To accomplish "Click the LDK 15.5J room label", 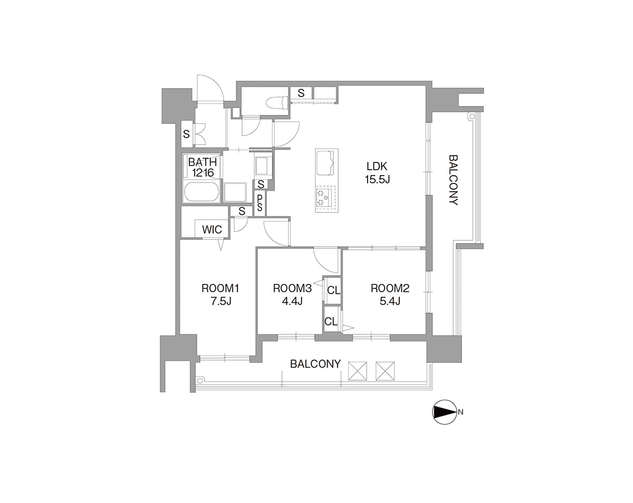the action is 377,172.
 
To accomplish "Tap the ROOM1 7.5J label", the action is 220,295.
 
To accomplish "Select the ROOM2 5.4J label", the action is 390,295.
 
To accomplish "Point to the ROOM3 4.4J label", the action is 292,295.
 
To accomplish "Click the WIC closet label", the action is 212,229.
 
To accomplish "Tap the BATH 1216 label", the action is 203,167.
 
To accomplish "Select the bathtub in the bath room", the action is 202,192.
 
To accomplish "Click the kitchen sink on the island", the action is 325,163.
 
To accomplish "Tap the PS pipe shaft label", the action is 260,202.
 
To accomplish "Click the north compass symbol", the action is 445,412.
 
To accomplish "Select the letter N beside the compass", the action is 461,412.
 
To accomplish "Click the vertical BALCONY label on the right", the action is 453,180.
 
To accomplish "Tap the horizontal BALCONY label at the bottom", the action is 315,364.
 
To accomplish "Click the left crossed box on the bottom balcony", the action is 358,371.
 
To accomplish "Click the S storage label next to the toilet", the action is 301,93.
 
